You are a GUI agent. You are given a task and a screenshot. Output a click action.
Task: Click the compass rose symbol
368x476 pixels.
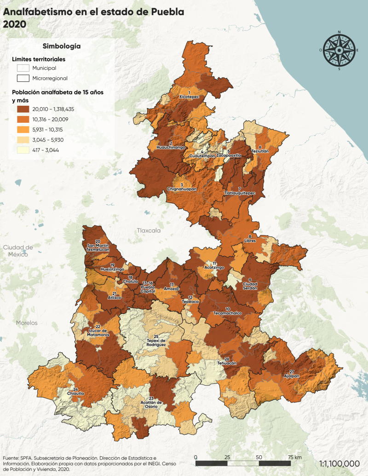[339, 50]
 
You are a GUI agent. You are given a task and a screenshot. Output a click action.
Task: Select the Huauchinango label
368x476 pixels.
[171, 147]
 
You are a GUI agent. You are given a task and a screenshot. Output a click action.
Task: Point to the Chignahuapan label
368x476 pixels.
[182, 189]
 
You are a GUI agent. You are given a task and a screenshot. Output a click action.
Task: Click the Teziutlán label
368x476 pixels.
[260, 150]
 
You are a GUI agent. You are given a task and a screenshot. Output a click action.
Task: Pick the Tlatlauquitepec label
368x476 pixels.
[239, 193]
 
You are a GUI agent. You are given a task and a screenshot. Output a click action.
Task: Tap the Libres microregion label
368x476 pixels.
[250, 240]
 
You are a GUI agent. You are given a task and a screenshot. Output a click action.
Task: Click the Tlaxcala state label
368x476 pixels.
[148, 230]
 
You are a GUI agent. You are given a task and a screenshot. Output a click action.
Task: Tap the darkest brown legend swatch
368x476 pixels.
[23, 109]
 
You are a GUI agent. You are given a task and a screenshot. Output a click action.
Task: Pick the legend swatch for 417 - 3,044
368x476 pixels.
[23, 149]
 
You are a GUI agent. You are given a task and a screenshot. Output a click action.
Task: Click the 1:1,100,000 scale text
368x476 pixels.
[339, 463]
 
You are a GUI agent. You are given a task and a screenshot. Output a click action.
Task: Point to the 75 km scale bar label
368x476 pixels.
[294, 457]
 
